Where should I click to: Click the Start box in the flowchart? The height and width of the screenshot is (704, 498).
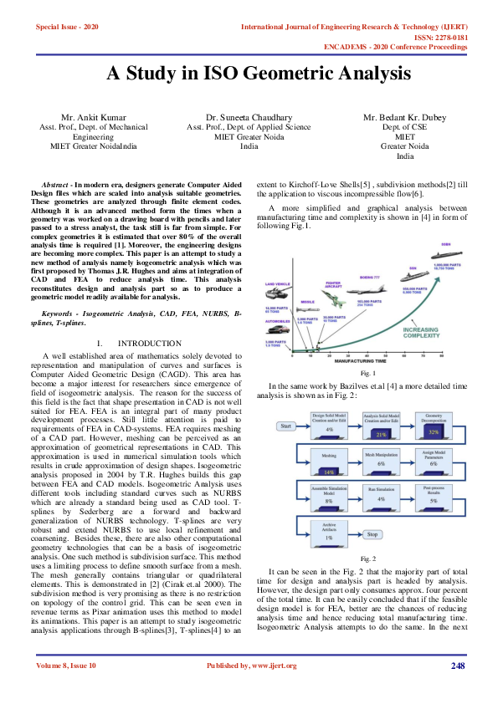[x=286, y=426]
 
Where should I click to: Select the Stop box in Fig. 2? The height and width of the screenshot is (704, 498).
[x=372, y=534]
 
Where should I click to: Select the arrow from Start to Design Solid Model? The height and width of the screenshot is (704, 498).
[x=303, y=426]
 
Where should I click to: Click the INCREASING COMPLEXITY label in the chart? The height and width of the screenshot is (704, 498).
[x=427, y=334]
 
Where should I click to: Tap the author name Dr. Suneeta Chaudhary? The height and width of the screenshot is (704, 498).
[x=249, y=119]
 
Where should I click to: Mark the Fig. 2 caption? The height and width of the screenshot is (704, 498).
[x=368, y=558]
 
